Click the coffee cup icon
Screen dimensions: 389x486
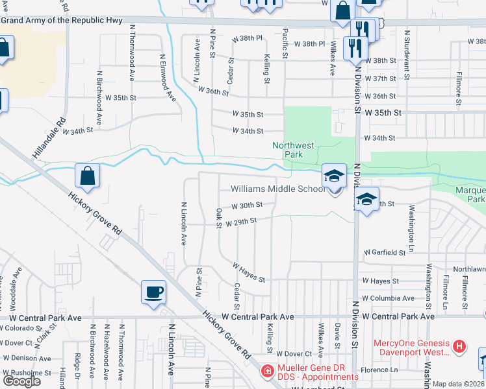[x=153, y=292]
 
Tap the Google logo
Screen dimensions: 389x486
[x=21, y=381]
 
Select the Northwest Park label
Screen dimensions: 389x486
[x=288, y=150]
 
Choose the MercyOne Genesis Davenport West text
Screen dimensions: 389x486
[x=411, y=348]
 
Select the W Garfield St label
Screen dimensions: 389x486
[x=389, y=252]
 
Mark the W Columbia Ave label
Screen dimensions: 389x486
[x=388, y=298]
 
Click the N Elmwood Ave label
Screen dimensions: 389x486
[x=168, y=77]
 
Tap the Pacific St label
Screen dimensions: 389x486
[x=285, y=43]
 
